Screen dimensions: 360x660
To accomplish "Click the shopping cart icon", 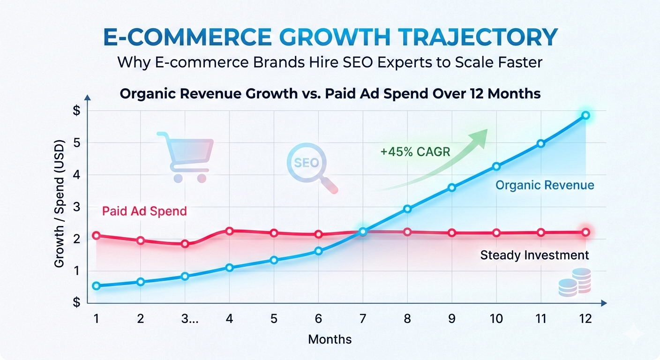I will (185, 156).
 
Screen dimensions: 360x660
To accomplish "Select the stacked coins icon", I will (575, 282).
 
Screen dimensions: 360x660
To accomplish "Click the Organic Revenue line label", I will (545, 185).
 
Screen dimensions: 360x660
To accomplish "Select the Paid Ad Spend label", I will (144, 211).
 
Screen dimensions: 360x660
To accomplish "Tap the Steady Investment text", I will (534, 255).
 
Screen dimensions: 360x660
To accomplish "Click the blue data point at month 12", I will (585, 115).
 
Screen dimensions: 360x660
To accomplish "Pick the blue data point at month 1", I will (97, 286).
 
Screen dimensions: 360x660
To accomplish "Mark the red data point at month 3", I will (185, 244).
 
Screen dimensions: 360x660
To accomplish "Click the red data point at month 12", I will (585, 232).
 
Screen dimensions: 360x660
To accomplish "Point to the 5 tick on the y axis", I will (77, 143).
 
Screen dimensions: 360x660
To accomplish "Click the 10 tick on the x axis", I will (496, 319).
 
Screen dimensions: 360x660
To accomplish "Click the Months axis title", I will (330, 339).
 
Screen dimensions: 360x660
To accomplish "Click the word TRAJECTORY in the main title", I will (471, 37).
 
